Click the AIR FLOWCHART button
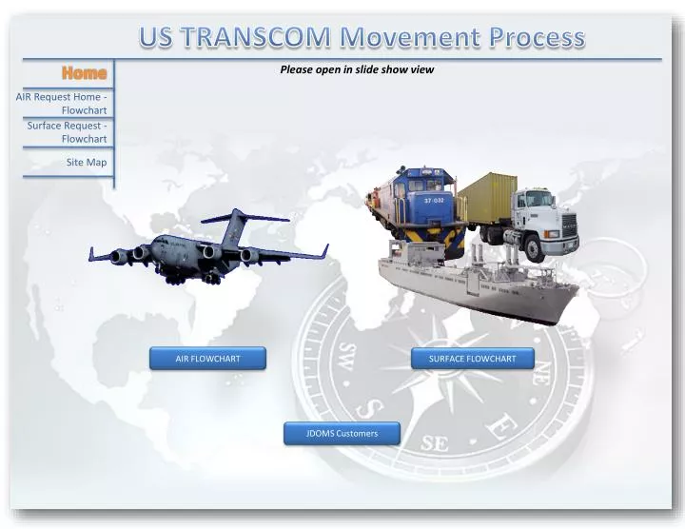click(x=207, y=359)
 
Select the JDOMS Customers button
click(x=342, y=434)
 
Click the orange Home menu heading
click(x=85, y=73)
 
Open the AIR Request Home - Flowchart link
click(x=63, y=103)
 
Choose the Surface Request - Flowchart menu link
click(x=67, y=131)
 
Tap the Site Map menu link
click(x=87, y=163)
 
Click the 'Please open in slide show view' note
click(x=357, y=69)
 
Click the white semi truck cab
click(x=538, y=216)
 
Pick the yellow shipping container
click(x=487, y=197)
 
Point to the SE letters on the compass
click(x=434, y=443)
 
